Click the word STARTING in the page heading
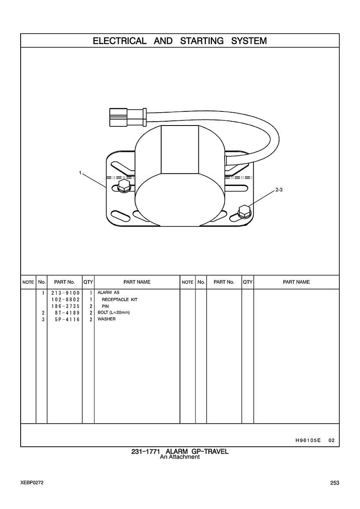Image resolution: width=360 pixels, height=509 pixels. point(201,41)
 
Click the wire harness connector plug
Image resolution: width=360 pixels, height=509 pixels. point(128,117)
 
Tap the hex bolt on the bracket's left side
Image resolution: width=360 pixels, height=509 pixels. point(124,186)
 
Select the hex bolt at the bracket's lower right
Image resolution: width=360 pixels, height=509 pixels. point(244,211)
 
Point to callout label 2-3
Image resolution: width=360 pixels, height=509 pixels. point(279,190)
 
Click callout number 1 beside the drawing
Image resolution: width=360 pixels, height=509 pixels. point(80,173)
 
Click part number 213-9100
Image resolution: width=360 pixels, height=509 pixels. point(65,293)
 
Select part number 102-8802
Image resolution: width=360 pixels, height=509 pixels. point(65,299)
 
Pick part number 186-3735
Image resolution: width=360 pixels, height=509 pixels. point(65,306)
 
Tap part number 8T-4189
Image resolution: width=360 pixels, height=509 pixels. point(67,313)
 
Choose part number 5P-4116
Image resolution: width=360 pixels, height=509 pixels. point(67,319)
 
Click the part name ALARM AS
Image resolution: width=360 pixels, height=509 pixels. point(108,293)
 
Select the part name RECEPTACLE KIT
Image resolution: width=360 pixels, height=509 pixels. point(120,299)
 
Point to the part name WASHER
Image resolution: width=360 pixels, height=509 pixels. point(106,319)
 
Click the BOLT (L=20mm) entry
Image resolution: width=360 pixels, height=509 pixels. point(114,313)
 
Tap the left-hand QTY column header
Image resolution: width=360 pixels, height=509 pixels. point(88,282)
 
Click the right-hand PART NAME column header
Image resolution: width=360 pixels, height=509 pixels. point(297,282)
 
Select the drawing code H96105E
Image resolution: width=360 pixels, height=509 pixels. point(308,440)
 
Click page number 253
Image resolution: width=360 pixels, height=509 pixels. point(335,483)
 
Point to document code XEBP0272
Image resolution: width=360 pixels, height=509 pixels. point(32,482)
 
